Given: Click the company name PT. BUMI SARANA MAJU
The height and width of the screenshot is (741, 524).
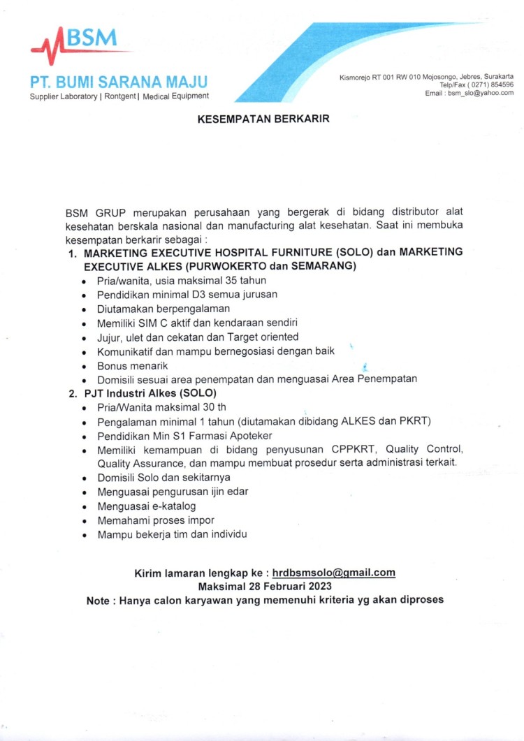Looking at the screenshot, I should point(118,81).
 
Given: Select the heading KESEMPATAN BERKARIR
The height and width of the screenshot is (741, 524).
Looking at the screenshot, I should point(263,119).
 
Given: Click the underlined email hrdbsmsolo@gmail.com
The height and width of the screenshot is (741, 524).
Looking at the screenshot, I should point(334,573).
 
